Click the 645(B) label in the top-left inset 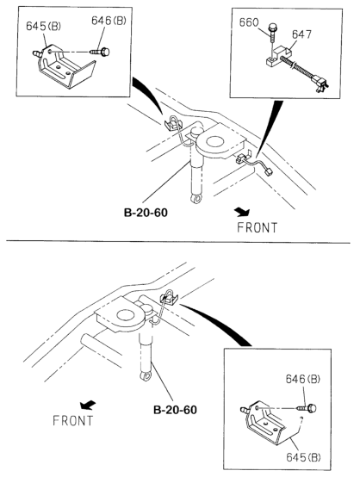43,26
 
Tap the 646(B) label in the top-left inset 109,21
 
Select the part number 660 249,22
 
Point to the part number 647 301,34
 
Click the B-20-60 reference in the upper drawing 146,213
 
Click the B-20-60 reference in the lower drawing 175,410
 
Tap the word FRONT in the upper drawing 258,228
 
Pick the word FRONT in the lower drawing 72,421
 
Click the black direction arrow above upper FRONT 243,212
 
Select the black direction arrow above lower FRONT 87,406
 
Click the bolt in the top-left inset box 100,52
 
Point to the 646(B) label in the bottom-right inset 302,379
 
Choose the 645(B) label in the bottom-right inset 303,457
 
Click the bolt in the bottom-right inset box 307,408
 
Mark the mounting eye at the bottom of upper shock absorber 197,200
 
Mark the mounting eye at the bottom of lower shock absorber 146,376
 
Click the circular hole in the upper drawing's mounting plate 214,142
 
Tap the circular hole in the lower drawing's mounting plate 126,315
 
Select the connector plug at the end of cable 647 321,84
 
